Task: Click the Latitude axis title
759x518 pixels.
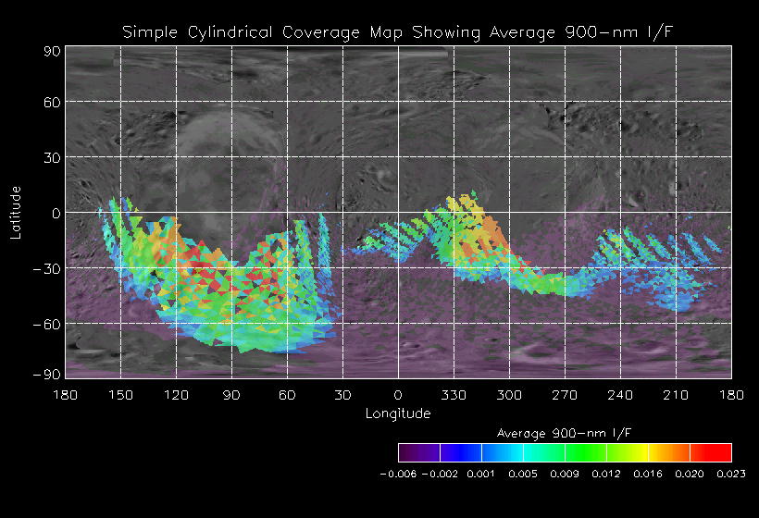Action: [x=17, y=213]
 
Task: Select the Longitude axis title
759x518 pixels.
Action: [x=398, y=413]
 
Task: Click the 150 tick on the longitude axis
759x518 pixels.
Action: [x=121, y=395]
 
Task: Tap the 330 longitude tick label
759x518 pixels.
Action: [x=454, y=395]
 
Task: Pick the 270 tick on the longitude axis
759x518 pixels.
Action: [x=565, y=395]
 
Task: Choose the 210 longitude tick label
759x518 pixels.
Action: [x=676, y=395]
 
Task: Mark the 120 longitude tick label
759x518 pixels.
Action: [x=177, y=395]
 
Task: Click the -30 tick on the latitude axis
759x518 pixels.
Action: [x=48, y=268]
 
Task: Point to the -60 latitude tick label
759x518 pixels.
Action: [x=48, y=324]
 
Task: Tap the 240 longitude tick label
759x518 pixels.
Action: [x=620, y=395]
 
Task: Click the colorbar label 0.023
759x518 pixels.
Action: [x=730, y=474]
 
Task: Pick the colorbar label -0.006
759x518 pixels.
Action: [x=399, y=474]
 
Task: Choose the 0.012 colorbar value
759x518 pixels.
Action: [x=606, y=474]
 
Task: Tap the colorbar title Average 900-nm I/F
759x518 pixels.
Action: [x=564, y=433]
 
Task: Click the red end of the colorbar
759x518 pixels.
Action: [x=722, y=452]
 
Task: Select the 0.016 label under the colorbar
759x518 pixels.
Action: [x=648, y=474]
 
